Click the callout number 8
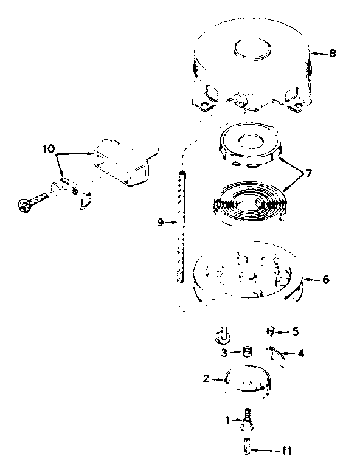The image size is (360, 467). pos(332,54)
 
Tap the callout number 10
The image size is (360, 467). pos(49,148)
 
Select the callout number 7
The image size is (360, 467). pos(308,173)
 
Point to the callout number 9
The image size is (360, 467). pos(161,222)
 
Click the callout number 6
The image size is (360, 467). pos(326,280)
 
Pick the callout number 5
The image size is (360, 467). pos(295,331)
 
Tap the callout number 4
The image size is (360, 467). pos(301,353)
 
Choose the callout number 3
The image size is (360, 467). pos(224,353)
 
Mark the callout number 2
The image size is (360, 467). pos(206,379)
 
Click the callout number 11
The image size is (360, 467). pos(286,451)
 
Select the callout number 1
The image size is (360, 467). pos(227,420)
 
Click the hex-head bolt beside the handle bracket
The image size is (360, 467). pos(33,201)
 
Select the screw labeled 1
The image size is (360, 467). pos(247,421)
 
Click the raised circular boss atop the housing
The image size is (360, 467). pos(252,49)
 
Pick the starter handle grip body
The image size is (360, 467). pos(125,162)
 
